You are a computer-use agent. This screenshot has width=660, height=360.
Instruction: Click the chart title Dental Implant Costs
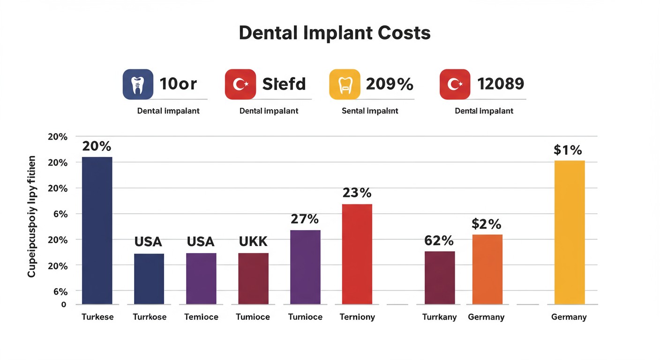[x=334, y=33]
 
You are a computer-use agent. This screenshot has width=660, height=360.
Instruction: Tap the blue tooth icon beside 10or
[x=138, y=84]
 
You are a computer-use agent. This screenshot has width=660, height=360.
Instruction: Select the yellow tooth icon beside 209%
[x=345, y=84]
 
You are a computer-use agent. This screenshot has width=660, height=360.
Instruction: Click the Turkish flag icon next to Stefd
[x=240, y=84]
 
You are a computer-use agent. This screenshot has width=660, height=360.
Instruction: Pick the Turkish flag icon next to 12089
[x=455, y=84]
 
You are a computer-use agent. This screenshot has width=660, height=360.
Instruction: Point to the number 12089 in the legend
[x=500, y=84]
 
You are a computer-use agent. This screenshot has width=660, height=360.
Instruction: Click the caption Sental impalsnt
[x=370, y=111]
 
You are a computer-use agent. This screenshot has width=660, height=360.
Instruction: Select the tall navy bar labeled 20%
[x=97, y=230]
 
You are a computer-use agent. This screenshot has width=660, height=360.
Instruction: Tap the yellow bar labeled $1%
[x=569, y=232]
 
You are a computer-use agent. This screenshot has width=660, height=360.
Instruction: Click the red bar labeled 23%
[x=357, y=254]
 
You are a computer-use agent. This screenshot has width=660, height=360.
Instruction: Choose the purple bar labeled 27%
[x=305, y=267]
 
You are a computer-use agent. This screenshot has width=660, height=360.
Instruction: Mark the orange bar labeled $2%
[x=487, y=269]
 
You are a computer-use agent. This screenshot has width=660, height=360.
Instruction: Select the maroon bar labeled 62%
[x=439, y=277]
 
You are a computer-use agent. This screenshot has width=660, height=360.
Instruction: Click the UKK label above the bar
[x=253, y=241]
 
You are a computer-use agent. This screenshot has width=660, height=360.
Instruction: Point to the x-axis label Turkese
[x=97, y=317]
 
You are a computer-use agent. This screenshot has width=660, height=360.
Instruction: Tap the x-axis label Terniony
[x=357, y=317]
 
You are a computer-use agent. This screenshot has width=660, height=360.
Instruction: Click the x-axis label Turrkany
[x=439, y=317]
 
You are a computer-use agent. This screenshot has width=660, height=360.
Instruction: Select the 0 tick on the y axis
[x=64, y=305]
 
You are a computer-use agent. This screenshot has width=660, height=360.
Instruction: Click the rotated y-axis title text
[x=32, y=217]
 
